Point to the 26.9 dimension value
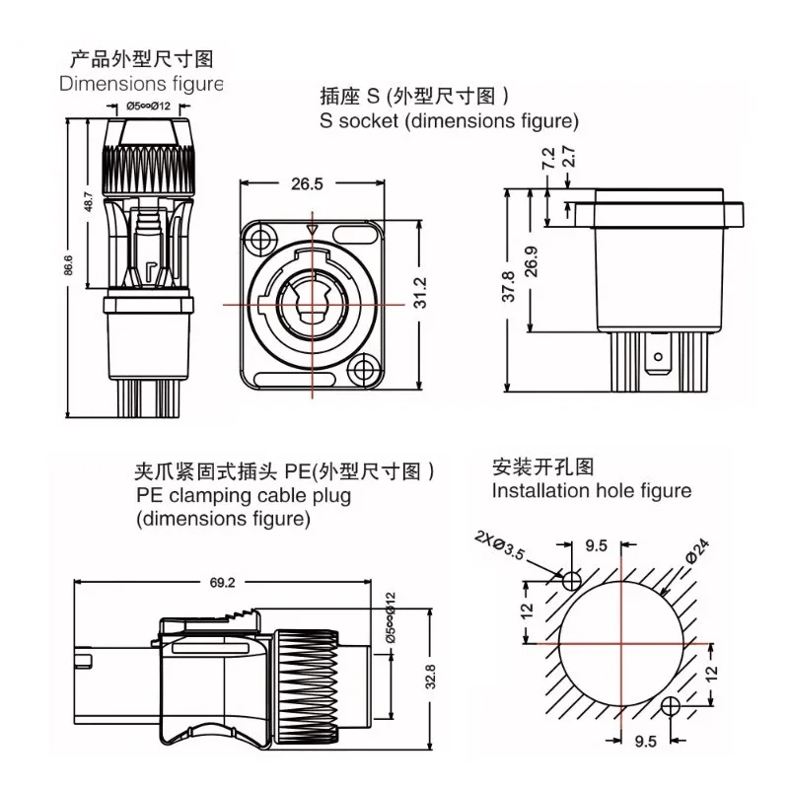533,261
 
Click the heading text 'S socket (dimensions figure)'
448,122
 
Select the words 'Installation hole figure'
592,490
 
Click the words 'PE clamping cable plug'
243,496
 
